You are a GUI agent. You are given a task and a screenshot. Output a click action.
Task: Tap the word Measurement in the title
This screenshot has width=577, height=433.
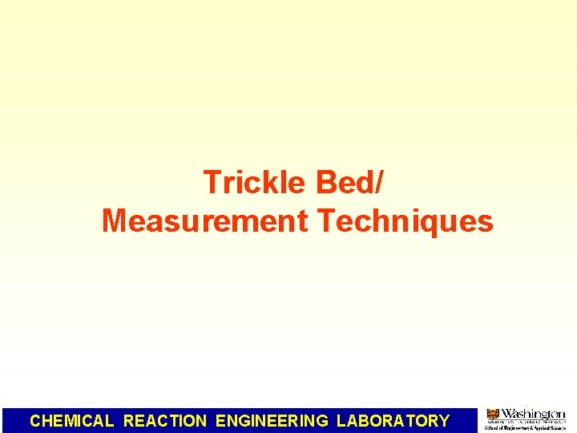pyautogui.click(x=204, y=221)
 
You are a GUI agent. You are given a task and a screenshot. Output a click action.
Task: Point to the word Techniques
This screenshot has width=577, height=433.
pyautogui.click(x=405, y=221)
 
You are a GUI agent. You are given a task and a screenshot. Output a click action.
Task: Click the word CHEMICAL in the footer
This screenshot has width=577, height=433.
pyautogui.click(x=72, y=421)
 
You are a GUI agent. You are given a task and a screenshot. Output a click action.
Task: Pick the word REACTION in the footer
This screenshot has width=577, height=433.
pyautogui.click(x=165, y=421)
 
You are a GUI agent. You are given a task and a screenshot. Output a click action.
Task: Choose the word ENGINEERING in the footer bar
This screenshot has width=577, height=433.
pyautogui.click(x=272, y=421)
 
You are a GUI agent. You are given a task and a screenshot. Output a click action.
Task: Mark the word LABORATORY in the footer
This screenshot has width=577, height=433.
pyautogui.click(x=393, y=421)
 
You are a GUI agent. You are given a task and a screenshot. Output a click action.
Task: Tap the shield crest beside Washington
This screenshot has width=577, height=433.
pyautogui.click(x=493, y=415)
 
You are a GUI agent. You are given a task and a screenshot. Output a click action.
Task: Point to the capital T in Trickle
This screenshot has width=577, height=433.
pyautogui.click(x=212, y=183)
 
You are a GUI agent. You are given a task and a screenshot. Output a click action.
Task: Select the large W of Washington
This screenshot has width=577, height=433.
pyautogui.click(x=509, y=414)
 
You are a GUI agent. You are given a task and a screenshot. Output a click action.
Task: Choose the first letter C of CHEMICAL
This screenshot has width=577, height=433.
pyautogui.click(x=35, y=421)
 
